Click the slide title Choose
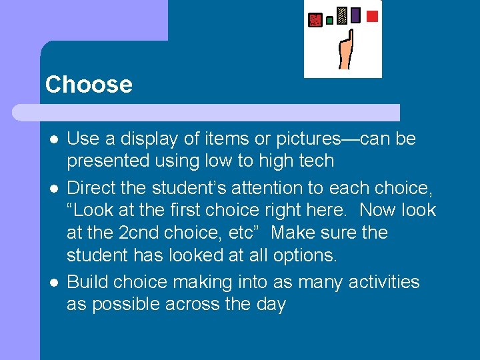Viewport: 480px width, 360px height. pyautogui.click(x=89, y=85)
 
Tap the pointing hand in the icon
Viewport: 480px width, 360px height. pyautogui.click(x=345, y=53)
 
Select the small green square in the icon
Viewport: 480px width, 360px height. pyautogui.click(x=329, y=21)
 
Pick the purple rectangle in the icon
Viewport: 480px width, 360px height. pyautogui.click(x=355, y=15)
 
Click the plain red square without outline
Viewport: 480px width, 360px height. pyautogui.click(x=373, y=16)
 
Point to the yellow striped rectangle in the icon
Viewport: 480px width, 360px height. pyautogui.click(x=342, y=16)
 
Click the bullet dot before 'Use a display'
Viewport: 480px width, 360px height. pyautogui.click(x=53, y=139)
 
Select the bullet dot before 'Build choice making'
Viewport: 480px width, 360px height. pyautogui.click(x=53, y=283)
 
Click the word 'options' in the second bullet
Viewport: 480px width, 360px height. pyautogui.click(x=303, y=255)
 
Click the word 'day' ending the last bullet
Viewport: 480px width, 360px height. pyautogui.click(x=271, y=305)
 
